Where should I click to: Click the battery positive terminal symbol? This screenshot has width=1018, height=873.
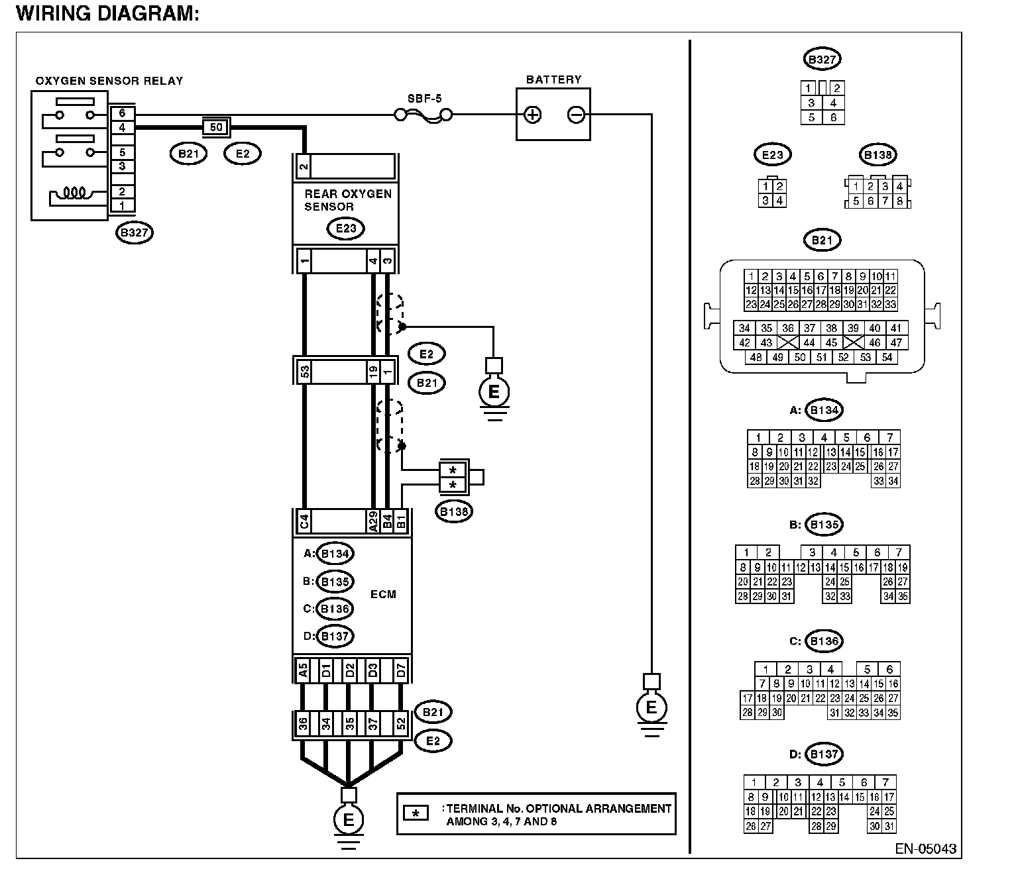click(x=532, y=115)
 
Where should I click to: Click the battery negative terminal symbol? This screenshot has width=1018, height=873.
click(x=576, y=115)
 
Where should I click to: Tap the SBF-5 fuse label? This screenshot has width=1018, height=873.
click(x=425, y=99)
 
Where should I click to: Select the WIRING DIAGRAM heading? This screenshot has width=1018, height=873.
click(x=107, y=13)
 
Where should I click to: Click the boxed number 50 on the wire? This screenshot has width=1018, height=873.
click(x=216, y=127)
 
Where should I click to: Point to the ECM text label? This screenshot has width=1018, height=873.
click(x=383, y=594)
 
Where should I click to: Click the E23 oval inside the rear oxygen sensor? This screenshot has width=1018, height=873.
click(x=346, y=229)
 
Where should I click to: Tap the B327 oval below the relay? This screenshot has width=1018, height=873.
click(x=135, y=232)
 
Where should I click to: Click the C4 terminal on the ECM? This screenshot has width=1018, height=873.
click(x=304, y=522)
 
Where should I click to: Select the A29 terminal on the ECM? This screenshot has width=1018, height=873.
click(x=373, y=522)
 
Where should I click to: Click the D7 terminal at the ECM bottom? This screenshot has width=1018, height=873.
click(x=401, y=670)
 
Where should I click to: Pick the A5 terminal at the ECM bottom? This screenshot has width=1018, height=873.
click(x=303, y=670)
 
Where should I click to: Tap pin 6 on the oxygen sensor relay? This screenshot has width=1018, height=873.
click(x=122, y=113)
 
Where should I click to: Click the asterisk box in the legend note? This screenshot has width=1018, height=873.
click(x=416, y=813)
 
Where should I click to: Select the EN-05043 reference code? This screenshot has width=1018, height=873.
click(x=925, y=849)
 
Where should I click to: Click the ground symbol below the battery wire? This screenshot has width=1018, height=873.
click(x=651, y=707)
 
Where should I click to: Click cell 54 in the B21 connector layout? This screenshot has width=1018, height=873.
click(x=887, y=357)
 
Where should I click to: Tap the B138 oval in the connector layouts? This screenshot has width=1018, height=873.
click(x=877, y=155)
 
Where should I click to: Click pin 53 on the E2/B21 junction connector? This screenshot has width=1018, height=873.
click(x=305, y=372)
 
